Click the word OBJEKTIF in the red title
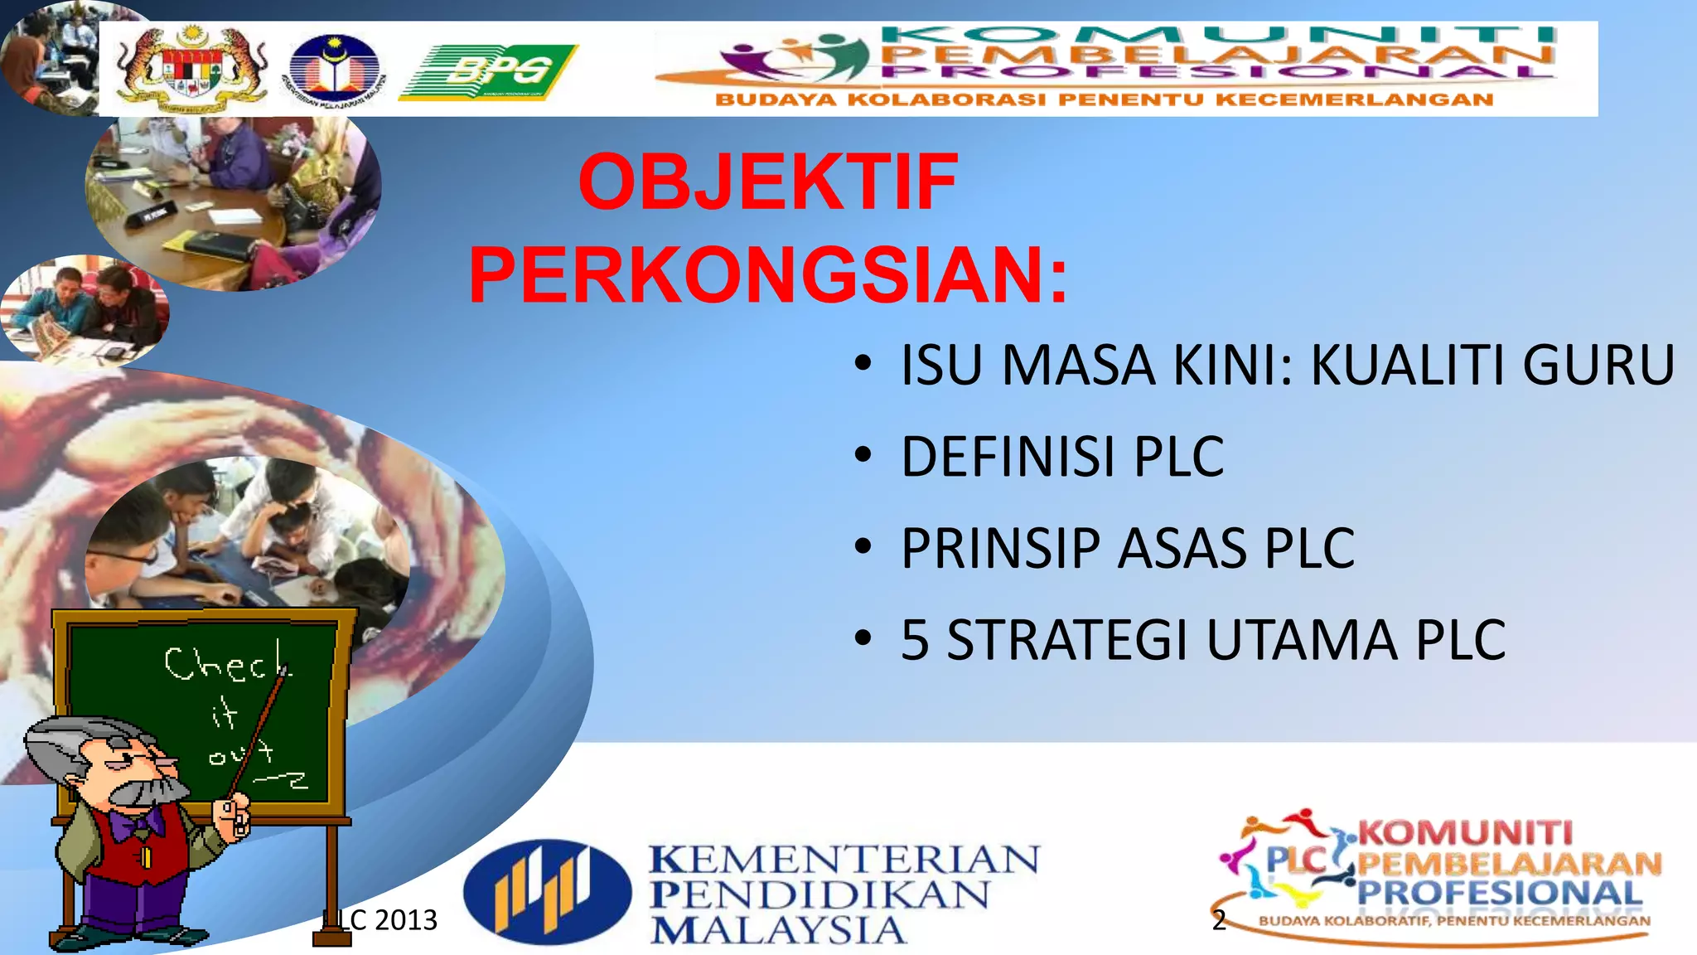(767, 182)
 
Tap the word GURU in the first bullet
(1598, 366)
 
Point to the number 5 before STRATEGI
(915, 641)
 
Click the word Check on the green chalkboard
(226, 664)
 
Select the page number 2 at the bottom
(1218, 920)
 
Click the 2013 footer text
(405, 920)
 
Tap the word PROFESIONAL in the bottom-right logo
(1500, 893)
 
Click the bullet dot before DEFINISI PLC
(863, 455)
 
